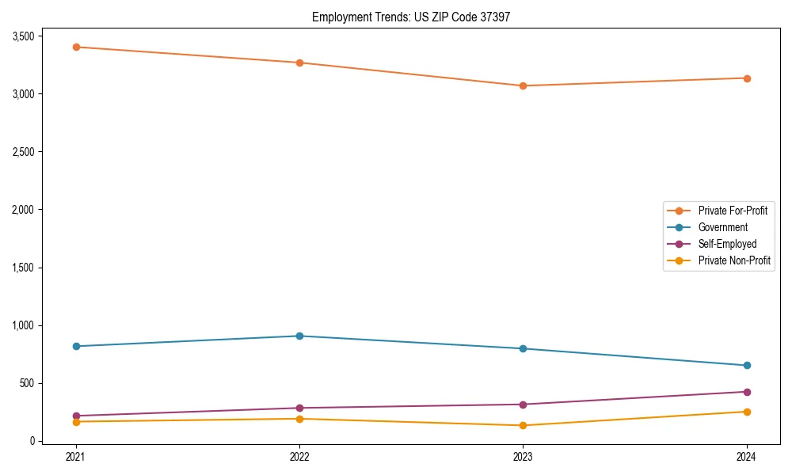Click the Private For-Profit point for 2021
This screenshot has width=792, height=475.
coord(76,47)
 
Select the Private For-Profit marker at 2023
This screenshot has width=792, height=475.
coord(523,85)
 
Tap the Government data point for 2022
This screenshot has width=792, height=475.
coord(299,336)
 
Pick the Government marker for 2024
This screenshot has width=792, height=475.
coord(747,365)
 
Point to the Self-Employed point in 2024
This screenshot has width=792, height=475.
coord(747,392)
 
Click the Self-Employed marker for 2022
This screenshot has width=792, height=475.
coord(299,408)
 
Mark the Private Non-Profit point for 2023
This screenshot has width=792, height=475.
coord(523,425)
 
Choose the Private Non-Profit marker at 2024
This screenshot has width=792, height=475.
coord(747,412)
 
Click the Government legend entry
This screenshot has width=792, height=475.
coord(722,227)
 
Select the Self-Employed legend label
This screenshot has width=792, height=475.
coord(727,244)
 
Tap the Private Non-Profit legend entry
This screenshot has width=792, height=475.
coord(734,260)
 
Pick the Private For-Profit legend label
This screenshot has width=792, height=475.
coord(733,211)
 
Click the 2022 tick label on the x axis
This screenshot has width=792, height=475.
coord(299,456)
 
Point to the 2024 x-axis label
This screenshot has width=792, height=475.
coord(747,456)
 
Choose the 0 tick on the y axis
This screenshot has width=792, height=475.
coord(32,441)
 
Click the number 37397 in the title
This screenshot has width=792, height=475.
coord(494,17)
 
